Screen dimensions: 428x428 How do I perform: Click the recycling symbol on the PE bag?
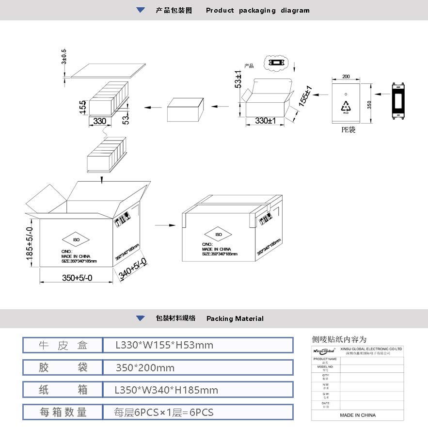pos(346,106)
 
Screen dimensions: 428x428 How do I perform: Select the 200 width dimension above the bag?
pos(346,77)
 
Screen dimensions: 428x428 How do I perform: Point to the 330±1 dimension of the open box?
pos(265,121)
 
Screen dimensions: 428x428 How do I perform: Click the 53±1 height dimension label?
pos(238,79)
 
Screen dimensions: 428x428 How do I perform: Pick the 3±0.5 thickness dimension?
pos(63,57)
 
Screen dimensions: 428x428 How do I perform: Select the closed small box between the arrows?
pos(185,110)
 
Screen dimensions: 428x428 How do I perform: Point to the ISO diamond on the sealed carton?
pos(219,235)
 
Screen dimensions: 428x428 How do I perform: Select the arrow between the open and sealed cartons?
pos(165,225)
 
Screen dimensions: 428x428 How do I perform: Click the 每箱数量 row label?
pos(63,412)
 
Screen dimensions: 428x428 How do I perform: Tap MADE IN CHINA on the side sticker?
pos(357,415)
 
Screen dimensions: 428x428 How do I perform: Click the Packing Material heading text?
pos(235,318)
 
